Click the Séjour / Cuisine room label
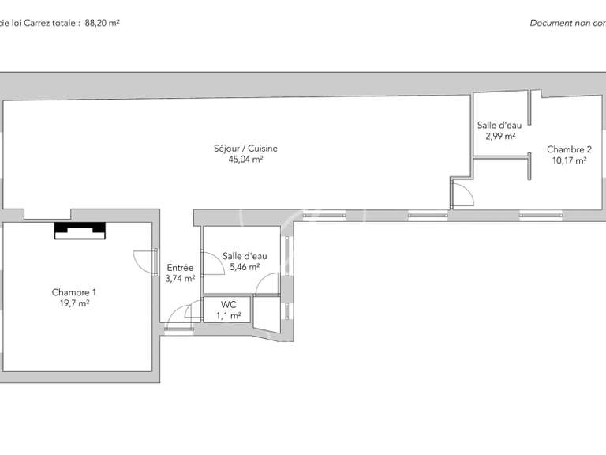pos(245,149)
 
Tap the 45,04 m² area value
pos(245,159)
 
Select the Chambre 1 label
pos(74,292)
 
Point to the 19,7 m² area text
pos(74,303)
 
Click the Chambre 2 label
pos(569,149)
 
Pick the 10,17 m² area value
pos(569,160)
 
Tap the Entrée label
pos(180,268)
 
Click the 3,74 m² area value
pos(180,278)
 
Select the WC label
pos(229,304)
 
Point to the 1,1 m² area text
pos(229,315)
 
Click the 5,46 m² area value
pos(245,267)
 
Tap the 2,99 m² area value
pos(500,136)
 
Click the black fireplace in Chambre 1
pos(80,230)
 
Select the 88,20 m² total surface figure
pos(102,23)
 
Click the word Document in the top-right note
pos(549,23)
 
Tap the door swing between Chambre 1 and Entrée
pos(145,261)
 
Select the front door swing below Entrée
pos(180,314)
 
